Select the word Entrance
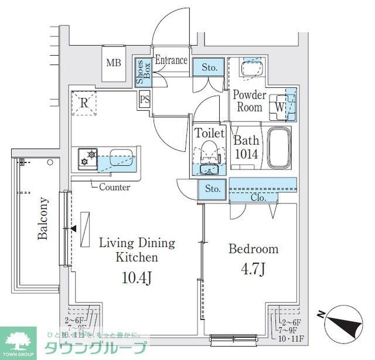click(172, 60)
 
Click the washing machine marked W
click(281, 107)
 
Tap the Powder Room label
click(250, 101)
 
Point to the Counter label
click(114, 188)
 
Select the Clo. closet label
click(258, 198)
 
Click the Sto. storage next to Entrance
click(210, 68)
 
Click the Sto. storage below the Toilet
click(213, 189)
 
